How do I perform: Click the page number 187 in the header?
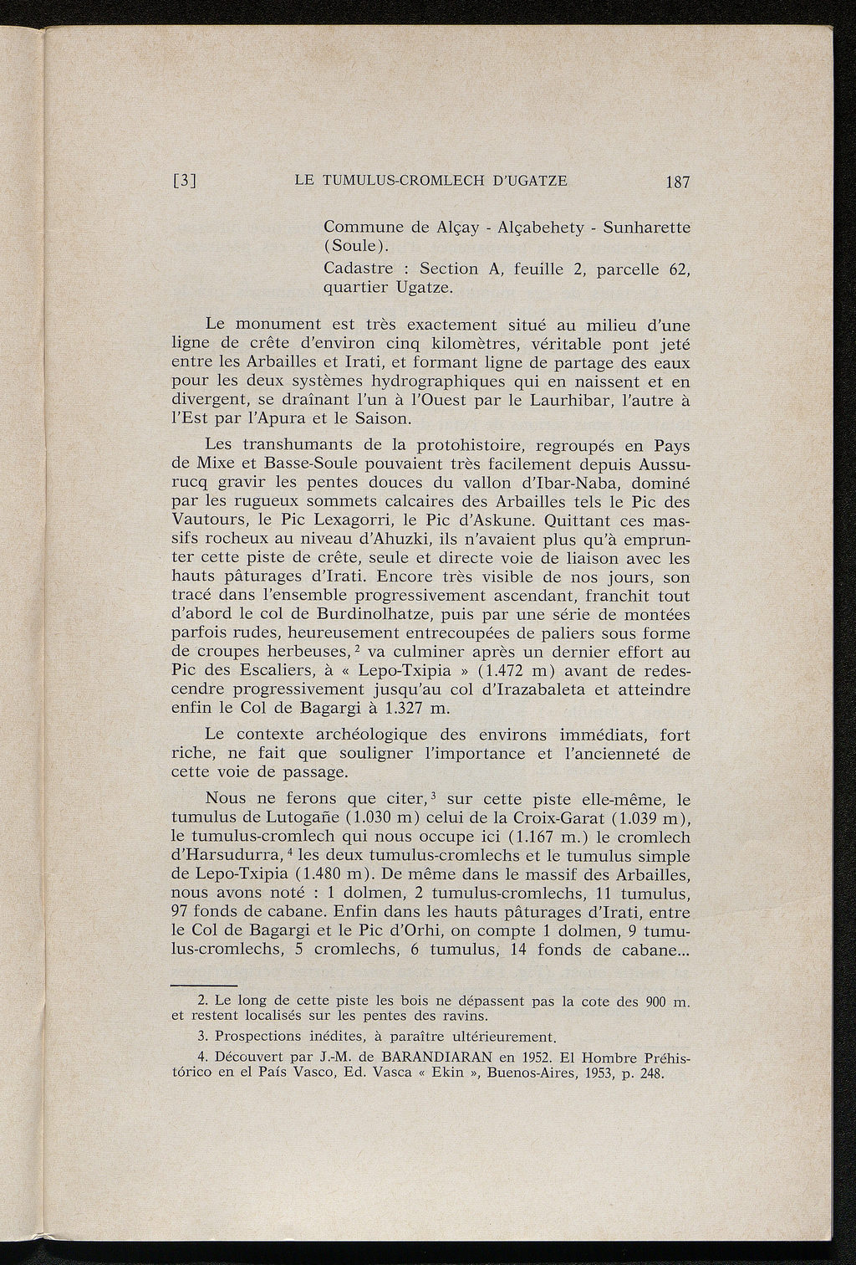pos(673,182)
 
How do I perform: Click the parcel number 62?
pos(679,269)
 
